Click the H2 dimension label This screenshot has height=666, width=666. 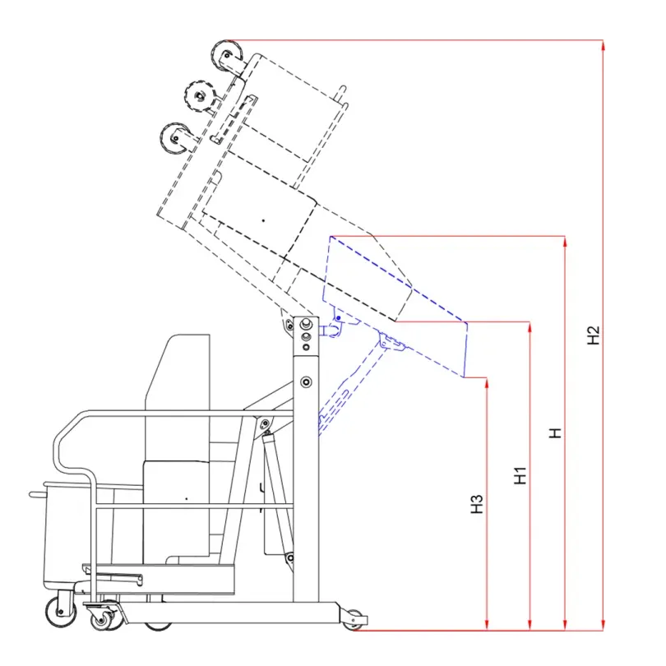[x=593, y=335]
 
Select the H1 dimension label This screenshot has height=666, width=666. [x=520, y=475]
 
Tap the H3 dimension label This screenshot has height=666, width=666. [x=477, y=504]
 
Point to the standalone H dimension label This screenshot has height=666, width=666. [x=555, y=433]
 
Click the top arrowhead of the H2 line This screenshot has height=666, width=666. [x=604, y=44]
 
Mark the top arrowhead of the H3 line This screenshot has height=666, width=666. [x=487, y=382]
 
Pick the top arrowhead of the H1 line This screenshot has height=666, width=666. [x=530, y=326]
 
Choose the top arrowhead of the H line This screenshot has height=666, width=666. [x=565, y=241]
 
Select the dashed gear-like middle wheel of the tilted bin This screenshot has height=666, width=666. [x=199, y=95]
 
